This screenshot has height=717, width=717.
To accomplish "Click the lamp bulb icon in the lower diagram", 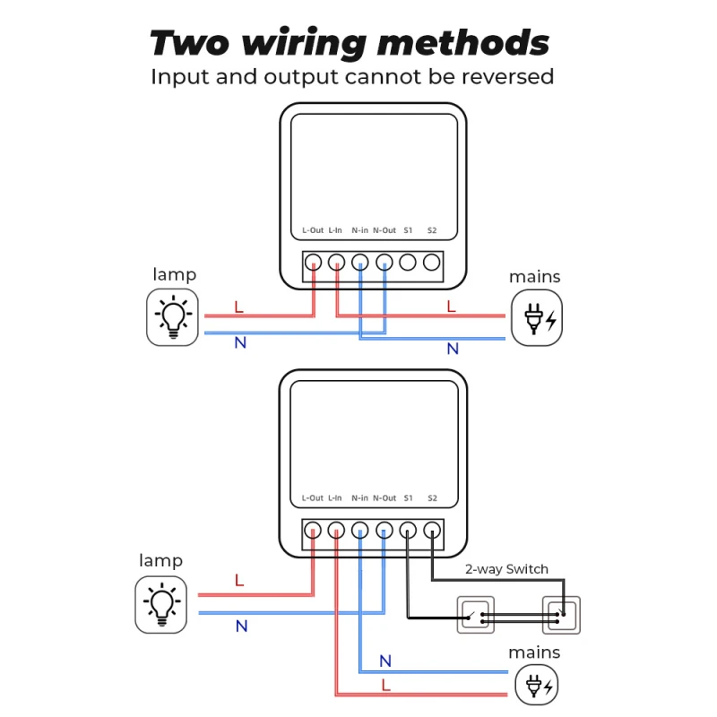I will pyautogui.click(x=161, y=602).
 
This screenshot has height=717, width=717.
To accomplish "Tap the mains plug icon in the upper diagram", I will pyautogui.click(x=537, y=317).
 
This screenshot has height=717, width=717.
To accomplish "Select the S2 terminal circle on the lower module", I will pyautogui.click(x=432, y=530).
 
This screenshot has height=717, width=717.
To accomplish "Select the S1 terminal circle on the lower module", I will pyautogui.click(x=408, y=530).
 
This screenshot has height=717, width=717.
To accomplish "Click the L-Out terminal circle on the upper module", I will pyautogui.click(x=313, y=263).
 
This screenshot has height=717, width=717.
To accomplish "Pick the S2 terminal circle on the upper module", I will pyautogui.click(x=432, y=263).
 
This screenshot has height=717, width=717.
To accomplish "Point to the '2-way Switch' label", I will pyautogui.click(x=506, y=569).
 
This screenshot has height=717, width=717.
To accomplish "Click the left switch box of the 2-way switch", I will pyautogui.click(x=475, y=616).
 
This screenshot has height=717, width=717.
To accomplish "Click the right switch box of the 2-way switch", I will pyautogui.click(x=561, y=616).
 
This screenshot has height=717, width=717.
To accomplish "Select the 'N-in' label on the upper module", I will pyautogui.click(x=359, y=230).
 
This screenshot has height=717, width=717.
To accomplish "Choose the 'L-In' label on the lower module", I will pyautogui.click(x=335, y=497).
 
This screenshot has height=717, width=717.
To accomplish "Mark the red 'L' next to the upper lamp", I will pyautogui.click(x=238, y=307).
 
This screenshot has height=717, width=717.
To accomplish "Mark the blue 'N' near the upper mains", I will pyautogui.click(x=453, y=349).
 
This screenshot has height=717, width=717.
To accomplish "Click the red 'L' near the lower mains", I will pyautogui.click(x=385, y=685).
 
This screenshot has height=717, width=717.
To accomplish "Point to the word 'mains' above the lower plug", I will pyautogui.click(x=534, y=652).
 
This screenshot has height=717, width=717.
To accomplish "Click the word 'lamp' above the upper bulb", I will pyautogui.click(x=174, y=274).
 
